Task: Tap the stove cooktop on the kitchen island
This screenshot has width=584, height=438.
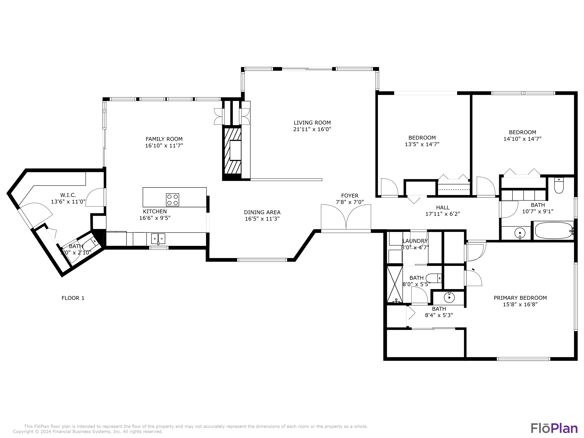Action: click(172, 200)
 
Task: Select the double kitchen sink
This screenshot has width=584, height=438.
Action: click(158, 239)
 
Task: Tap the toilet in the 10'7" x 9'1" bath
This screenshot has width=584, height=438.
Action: click(559, 186)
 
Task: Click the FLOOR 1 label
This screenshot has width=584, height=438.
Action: click(73, 298)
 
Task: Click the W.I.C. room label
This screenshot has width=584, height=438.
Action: click(68, 195)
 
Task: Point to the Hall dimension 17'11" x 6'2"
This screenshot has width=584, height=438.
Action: click(442, 214)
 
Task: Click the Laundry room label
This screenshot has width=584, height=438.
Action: click(415, 241)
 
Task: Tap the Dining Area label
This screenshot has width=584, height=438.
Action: click(262, 212)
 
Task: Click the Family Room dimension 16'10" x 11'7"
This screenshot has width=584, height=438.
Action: click(164, 145)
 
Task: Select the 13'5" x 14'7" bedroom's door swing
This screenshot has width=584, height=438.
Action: click(389, 187)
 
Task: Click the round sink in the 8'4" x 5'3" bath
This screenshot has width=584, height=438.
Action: click(449, 297)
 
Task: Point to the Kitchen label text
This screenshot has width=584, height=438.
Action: click(155, 211)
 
